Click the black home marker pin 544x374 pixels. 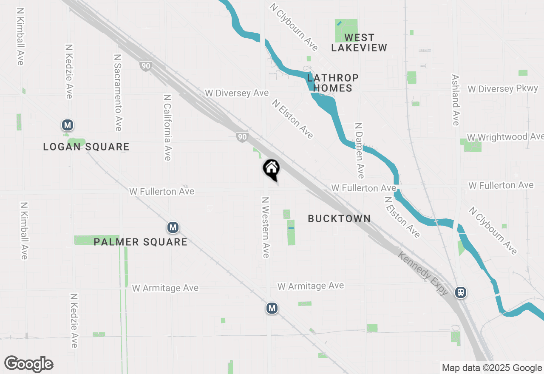271,169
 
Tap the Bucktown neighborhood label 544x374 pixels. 339,218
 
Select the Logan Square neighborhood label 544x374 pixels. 86,147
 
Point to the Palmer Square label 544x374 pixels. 140,242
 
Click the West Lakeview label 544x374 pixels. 359,42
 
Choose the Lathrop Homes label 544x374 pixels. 333,83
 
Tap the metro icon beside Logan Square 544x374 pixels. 67,125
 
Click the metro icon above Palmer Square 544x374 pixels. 173,227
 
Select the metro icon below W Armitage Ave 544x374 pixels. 272,308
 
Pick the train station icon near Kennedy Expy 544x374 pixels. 460,292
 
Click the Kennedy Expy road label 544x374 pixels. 423,272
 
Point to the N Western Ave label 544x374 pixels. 266,227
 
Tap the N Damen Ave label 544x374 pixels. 360,150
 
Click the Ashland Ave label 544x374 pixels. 456,100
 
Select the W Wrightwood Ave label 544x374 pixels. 505,137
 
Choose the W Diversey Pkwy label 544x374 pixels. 503,89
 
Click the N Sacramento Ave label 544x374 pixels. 118,92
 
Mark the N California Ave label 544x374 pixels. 167,127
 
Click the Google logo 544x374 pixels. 29,364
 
